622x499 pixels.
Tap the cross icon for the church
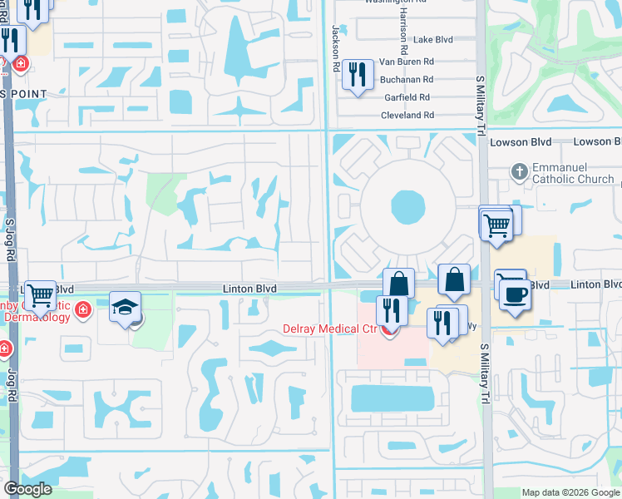(519, 171)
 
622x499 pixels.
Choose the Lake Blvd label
(433, 39)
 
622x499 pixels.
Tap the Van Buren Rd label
(407, 62)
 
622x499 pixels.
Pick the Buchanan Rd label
(407, 79)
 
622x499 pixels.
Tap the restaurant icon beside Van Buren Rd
(358, 75)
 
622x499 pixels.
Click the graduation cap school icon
(125, 308)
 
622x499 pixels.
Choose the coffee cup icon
(515, 297)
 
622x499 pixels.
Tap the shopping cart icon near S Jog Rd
(40, 295)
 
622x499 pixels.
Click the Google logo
(28, 488)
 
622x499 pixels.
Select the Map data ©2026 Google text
(570, 492)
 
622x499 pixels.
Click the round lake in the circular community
(407, 206)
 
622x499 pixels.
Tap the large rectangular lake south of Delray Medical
(390, 398)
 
